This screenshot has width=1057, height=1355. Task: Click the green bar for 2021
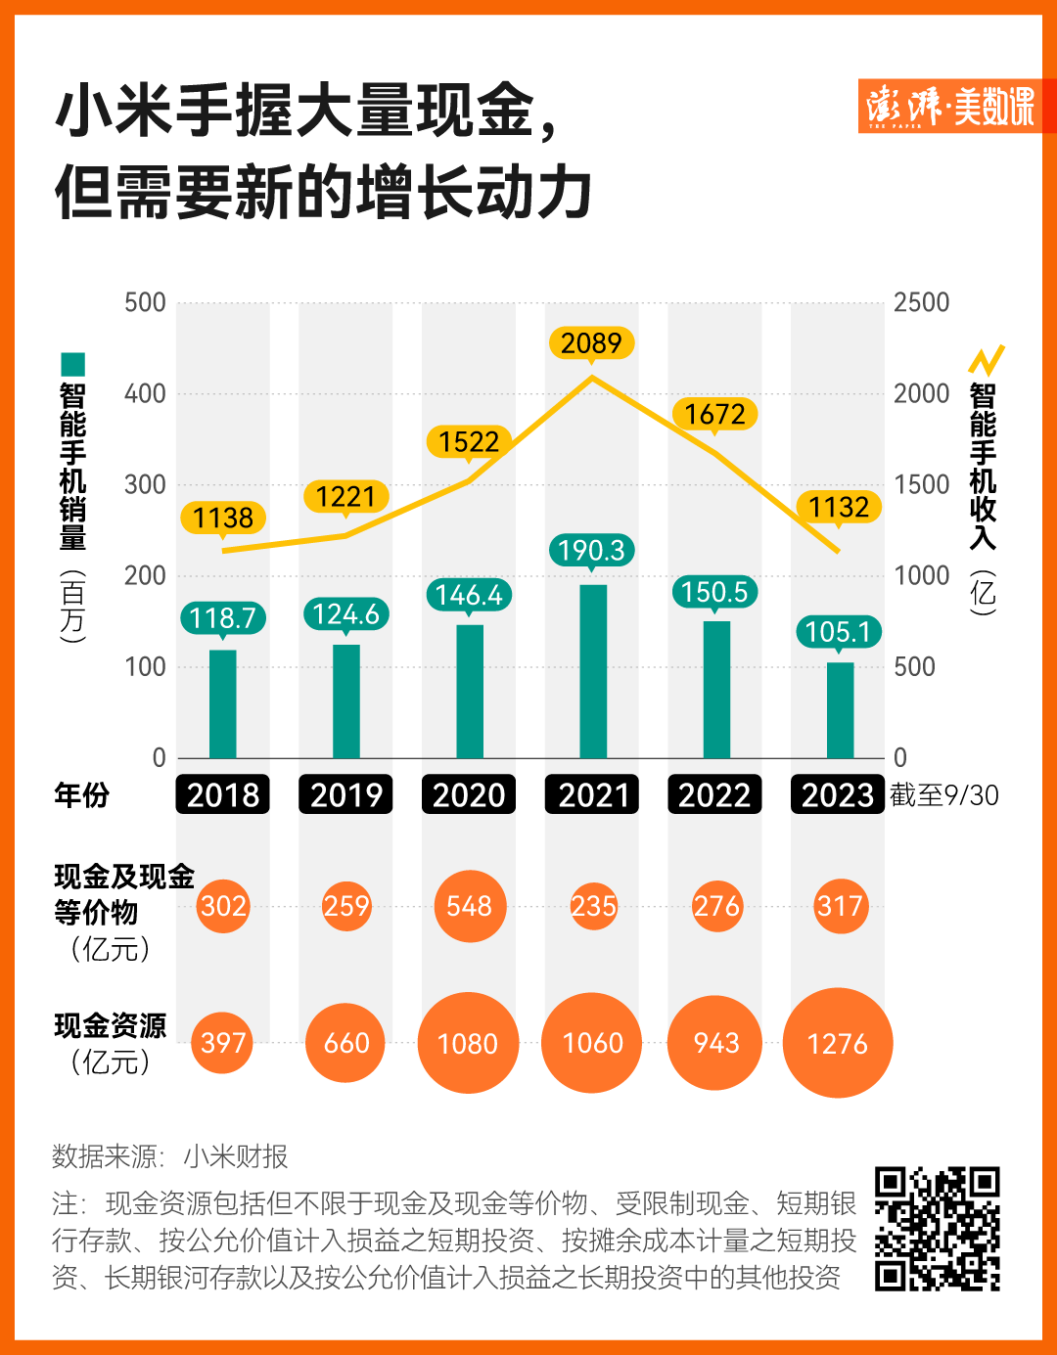[x=593, y=671]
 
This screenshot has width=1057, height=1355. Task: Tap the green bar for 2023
[x=840, y=710]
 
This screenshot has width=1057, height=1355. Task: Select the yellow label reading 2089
[x=591, y=343]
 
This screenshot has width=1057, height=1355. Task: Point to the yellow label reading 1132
[x=839, y=507]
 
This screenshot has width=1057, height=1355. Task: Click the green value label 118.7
[x=222, y=618]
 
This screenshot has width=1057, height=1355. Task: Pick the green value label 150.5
[x=714, y=592]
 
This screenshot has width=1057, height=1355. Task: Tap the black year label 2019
[x=346, y=794]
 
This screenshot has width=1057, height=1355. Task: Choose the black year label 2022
[x=714, y=794]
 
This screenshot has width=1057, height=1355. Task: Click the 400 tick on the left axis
[x=145, y=394]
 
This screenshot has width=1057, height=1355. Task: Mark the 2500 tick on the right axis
[x=921, y=302]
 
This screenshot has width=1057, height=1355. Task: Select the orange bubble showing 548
[x=470, y=906]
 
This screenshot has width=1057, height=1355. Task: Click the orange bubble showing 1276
[x=838, y=1044]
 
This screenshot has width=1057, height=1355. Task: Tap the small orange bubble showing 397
[x=223, y=1043]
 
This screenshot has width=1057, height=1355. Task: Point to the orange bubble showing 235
[x=593, y=906]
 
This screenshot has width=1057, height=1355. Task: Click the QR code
[x=937, y=1229]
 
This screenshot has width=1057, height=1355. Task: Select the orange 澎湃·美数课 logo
[x=949, y=106]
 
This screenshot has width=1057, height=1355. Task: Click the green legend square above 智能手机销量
[x=72, y=365]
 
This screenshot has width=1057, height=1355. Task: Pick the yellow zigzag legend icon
[x=987, y=360]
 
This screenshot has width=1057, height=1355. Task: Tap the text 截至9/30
[x=944, y=795]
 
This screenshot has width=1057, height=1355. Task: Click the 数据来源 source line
[x=170, y=1156]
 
